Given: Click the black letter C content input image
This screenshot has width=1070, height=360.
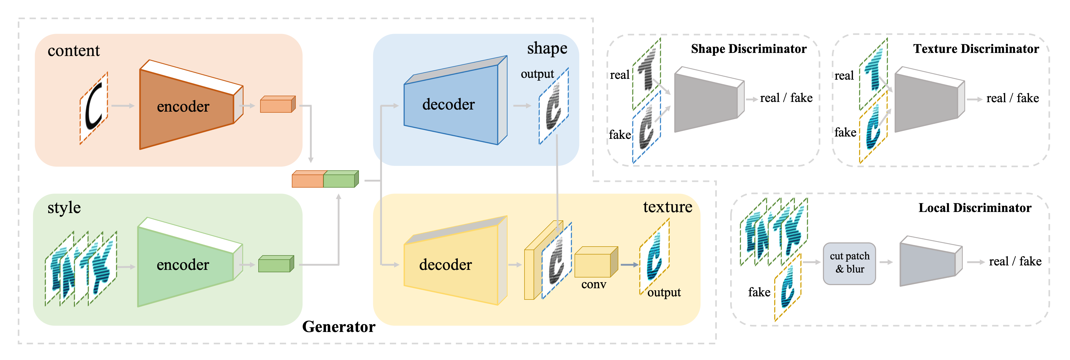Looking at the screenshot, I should [x=94, y=108].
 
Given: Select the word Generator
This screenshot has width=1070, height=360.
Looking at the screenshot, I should [x=339, y=327].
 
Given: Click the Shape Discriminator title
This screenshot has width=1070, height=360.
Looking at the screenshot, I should [x=749, y=49].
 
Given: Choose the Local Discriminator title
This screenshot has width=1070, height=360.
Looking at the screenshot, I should [x=974, y=208].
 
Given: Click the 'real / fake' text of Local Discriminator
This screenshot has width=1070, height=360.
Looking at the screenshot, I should [x=1015, y=261].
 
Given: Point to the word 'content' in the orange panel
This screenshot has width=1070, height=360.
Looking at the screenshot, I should [x=74, y=51].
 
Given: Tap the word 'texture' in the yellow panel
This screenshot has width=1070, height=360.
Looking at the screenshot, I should [x=668, y=207].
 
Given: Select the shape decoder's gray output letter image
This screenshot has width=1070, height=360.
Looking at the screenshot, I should [x=554, y=106].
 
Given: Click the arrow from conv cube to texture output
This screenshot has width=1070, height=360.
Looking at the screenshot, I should [x=629, y=265].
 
